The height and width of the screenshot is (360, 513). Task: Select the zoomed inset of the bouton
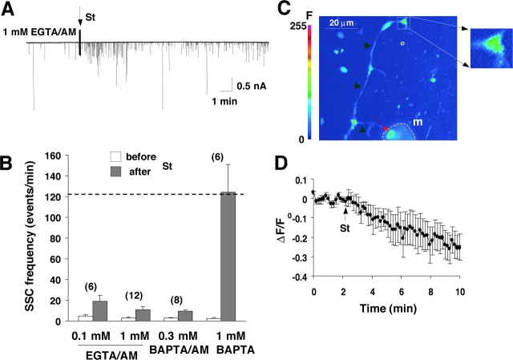(x=490, y=47)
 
